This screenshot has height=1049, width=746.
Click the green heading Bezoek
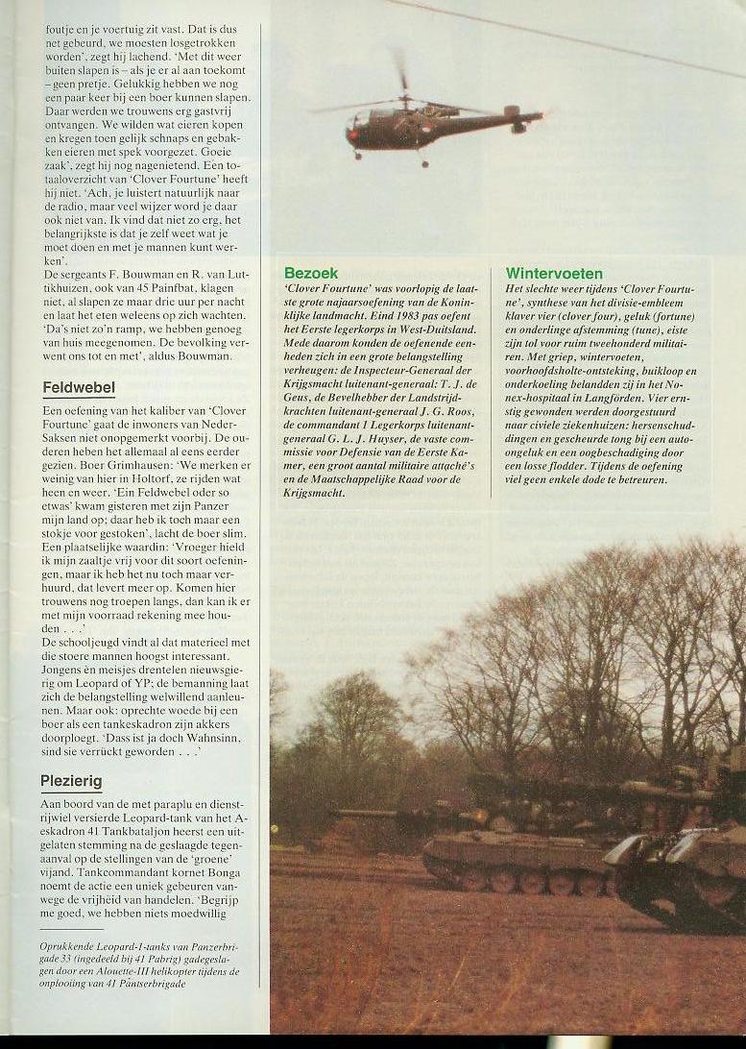[x=311, y=273]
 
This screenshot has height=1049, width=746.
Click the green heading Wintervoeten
[x=554, y=273]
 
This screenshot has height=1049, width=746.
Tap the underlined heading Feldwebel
[x=79, y=388]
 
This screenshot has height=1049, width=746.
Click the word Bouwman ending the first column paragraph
[x=205, y=355]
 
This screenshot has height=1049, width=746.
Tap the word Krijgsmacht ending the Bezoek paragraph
[x=316, y=492]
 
